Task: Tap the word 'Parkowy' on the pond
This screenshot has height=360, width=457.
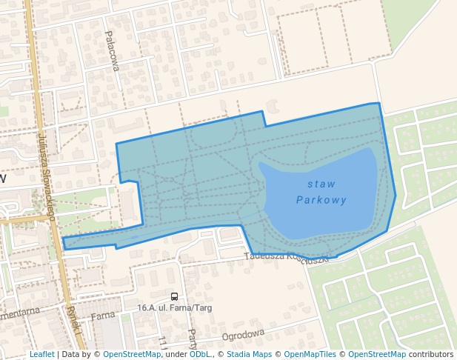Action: [x=321, y=200]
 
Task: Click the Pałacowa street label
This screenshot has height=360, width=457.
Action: [x=112, y=50]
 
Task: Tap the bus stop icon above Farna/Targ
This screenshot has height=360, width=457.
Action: [x=174, y=296]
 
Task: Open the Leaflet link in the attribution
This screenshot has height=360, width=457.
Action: [x=41, y=355]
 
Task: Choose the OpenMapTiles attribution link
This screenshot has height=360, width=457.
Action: [x=310, y=355]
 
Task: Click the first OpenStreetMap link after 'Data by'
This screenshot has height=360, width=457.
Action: [x=131, y=355]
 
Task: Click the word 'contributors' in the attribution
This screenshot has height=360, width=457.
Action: [x=431, y=355]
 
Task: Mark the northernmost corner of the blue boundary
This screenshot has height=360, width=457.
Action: [x=378, y=104]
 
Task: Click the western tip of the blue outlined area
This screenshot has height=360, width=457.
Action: [x=63, y=243]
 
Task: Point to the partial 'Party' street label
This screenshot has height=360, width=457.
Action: [x=192, y=339]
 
